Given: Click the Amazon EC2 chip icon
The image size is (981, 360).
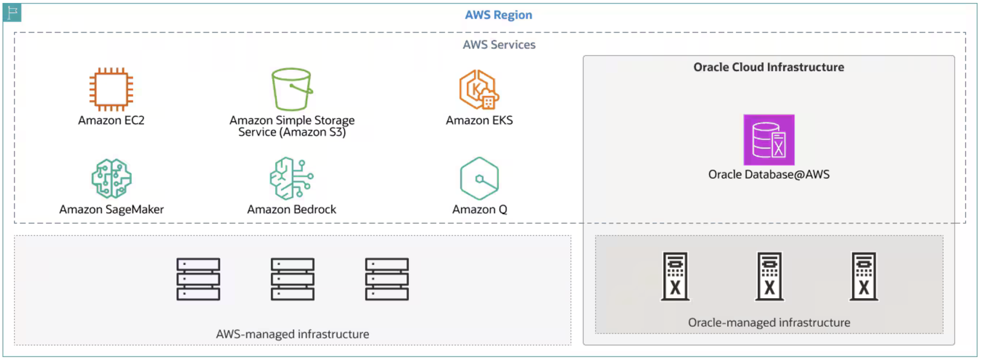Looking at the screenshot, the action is click(x=111, y=90).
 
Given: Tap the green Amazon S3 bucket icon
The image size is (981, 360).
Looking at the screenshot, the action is click(x=292, y=90).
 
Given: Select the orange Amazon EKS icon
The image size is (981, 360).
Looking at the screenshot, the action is click(x=479, y=90).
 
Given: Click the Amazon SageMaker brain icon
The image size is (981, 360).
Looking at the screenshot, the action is click(x=111, y=178).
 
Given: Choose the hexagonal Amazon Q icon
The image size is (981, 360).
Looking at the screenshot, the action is click(x=479, y=178).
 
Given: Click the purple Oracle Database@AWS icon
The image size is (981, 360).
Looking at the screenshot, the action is click(x=769, y=140).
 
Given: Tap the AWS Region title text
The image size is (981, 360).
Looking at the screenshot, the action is click(x=498, y=15).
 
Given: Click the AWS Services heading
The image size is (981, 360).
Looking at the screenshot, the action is click(x=499, y=45).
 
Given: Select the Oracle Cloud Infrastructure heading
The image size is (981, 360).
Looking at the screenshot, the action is click(x=769, y=67).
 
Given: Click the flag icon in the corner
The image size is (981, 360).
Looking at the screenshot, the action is click(x=12, y=12).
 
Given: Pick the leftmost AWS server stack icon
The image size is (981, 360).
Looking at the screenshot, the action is click(x=199, y=279).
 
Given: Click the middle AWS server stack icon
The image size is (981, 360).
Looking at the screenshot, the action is click(x=292, y=279).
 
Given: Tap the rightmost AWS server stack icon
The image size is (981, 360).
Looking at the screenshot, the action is click(x=387, y=279).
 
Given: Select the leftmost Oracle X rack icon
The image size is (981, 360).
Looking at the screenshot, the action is click(x=675, y=277).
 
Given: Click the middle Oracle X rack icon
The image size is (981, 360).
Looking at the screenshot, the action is click(x=769, y=277).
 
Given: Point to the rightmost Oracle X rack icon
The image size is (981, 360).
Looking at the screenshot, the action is click(x=864, y=277).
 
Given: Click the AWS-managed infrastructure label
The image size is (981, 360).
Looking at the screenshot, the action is click(x=292, y=334).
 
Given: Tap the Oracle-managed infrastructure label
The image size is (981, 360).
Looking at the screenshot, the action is click(x=769, y=323).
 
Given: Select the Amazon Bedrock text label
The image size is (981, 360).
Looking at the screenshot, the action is click(x=292, y=209).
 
